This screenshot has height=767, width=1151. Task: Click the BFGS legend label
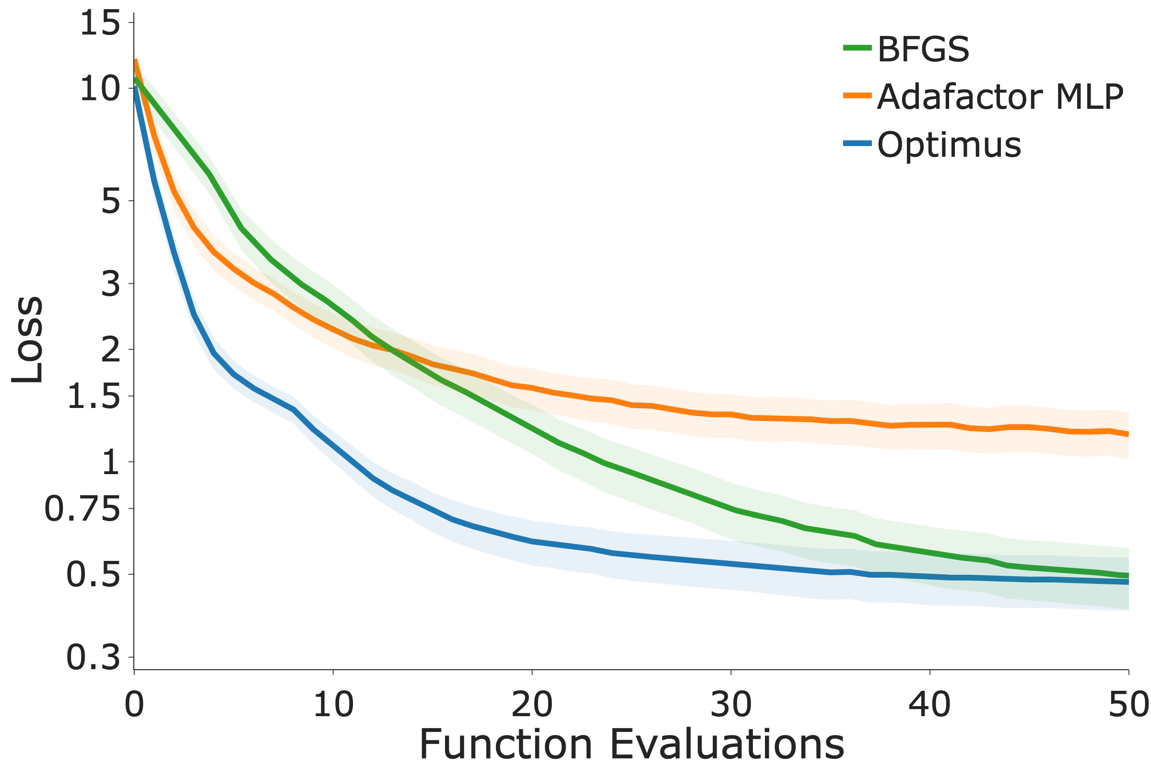point(923,49)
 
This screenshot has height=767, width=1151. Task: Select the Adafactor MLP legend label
point(1000,97)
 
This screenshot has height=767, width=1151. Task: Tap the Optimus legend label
point(949,145)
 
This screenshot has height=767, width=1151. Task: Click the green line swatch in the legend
point(857,48)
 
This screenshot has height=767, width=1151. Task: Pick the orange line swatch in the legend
point(857,96)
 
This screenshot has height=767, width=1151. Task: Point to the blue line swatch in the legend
point(857,144)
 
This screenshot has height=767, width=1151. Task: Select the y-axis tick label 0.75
point(82,509)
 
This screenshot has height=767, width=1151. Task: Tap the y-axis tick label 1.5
point(93,397)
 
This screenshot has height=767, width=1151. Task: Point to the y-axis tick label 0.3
point(93,657)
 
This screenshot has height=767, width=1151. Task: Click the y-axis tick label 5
point(110,201)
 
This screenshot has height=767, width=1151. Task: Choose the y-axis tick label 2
point(110,350)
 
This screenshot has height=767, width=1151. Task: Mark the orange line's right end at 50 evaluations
point(1128,434)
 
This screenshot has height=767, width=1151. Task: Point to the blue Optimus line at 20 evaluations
point(532,542)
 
